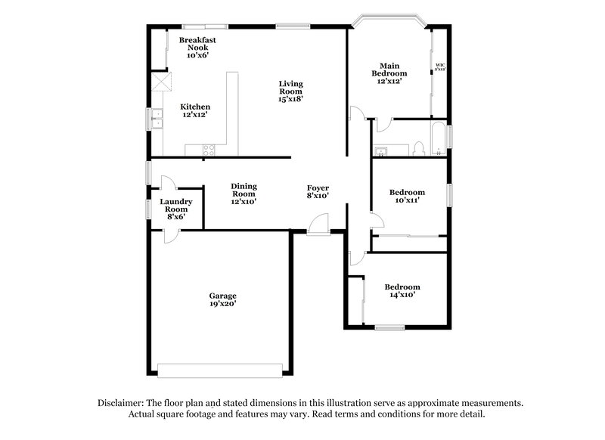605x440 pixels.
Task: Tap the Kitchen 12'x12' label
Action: coord(194,110)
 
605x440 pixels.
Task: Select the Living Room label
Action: coord(291,91)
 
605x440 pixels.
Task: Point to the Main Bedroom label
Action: coord(389,73)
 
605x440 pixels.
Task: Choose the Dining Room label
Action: coord(244,194)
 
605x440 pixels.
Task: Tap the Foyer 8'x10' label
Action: coord(318,192)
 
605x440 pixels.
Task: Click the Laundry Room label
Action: coord(175,209)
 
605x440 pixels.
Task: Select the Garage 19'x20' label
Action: coord(223,299)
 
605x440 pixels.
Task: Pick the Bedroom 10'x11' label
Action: coord(406,197)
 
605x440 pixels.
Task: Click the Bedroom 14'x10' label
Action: coord(402,291)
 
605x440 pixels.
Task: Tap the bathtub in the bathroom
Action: coord(439,140)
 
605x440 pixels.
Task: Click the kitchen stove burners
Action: coord(209,150)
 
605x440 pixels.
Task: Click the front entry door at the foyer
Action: coord(319,226)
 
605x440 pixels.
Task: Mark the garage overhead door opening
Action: coord(219,370)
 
